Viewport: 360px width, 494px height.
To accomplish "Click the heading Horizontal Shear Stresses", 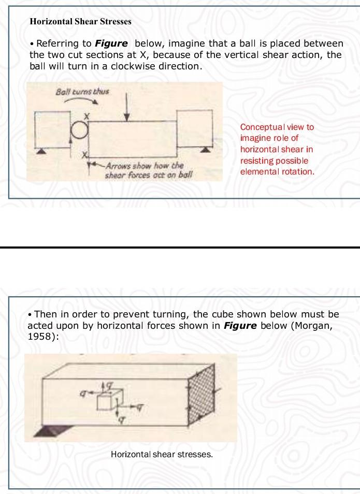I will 80,22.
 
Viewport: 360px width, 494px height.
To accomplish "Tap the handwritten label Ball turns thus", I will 82,92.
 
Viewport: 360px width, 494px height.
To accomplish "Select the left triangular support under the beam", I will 39,150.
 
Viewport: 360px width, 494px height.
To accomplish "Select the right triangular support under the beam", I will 206,150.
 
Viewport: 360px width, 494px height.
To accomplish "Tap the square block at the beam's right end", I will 194,128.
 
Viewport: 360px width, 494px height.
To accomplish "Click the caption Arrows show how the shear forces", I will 145,166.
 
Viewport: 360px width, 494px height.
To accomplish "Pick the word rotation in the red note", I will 298,171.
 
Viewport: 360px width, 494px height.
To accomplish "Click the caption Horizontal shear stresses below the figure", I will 162,455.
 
